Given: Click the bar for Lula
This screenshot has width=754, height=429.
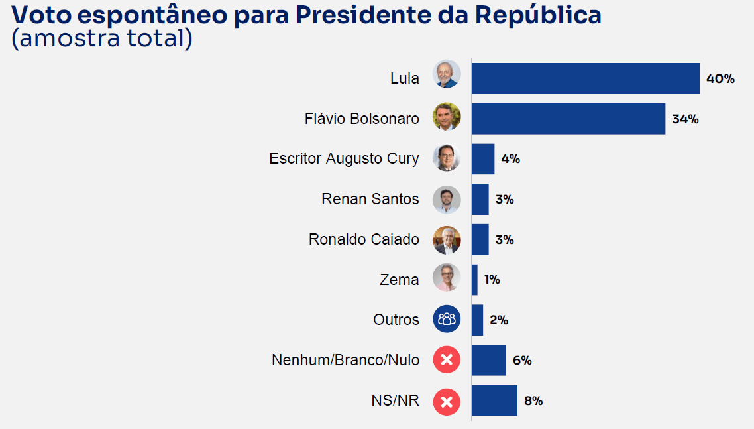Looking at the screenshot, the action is [585, 78].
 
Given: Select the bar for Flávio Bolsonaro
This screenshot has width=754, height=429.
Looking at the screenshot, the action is [568, 119].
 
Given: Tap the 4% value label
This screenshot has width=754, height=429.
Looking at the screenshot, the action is [511, 159].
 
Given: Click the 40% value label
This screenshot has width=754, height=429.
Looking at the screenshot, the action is [720, 78].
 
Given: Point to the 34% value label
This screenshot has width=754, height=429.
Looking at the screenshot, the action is [685, 119].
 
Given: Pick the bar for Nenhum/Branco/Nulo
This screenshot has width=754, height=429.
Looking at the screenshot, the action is [488, 360].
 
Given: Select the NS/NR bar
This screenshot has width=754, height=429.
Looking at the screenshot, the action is [494, 400].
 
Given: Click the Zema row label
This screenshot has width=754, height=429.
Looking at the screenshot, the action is [399, 280].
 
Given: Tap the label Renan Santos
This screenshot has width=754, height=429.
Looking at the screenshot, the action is [370, 199].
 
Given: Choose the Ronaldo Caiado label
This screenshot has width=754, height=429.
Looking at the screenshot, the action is [364, 239].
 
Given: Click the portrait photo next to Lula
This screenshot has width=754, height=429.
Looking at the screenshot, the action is [447, 74].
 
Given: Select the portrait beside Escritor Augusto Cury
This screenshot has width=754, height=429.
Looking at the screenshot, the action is [447, 157].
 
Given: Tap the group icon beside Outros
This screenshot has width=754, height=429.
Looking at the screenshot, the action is [447, 319].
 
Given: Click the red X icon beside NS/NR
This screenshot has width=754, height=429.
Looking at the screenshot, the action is [447, 402].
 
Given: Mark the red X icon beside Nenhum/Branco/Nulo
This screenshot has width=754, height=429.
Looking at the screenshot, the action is [447, 359].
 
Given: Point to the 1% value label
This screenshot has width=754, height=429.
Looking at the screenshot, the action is [492, 280].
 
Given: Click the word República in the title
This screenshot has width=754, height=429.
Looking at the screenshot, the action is [538, 15].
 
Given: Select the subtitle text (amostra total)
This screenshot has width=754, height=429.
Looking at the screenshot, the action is [102, 38].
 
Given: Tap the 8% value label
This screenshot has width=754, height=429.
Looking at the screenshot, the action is [533, 400].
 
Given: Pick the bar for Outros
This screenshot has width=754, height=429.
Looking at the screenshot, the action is [477, 320].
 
